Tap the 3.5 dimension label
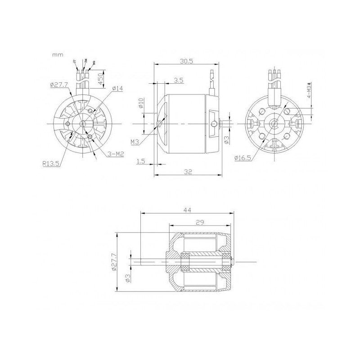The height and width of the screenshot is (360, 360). (178, 80)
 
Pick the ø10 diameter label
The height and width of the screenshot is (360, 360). (140, 103)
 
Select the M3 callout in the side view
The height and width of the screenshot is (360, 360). (135, 142)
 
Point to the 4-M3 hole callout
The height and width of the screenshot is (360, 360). (309, 93)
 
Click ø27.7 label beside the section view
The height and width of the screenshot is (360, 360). (113, 261)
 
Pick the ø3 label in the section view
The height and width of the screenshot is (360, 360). (127, 279)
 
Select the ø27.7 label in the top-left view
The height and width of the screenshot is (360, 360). (59, 84)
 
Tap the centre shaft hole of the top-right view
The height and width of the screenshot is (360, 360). (273, 123)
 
